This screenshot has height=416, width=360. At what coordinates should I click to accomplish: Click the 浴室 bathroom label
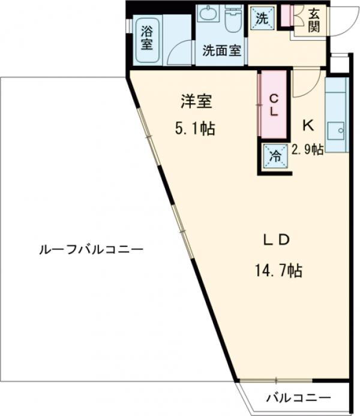[x=146, y=37]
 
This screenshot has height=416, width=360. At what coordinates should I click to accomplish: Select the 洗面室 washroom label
[x=221, y=51]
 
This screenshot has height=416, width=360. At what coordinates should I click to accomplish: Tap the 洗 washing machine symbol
[x=262, y=17]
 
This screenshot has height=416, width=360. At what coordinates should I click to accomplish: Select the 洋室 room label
[x=197, y=102]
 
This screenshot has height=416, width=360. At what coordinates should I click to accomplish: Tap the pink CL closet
[x=272, y=105]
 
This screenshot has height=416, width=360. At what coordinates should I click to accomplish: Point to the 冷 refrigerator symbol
[x=274, y=157]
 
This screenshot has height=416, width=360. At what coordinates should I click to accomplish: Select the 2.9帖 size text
[x=308, y=149]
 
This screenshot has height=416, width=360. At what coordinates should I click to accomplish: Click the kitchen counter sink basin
[x=337, y=129]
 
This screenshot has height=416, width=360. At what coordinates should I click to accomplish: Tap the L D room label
[x=277, y=239]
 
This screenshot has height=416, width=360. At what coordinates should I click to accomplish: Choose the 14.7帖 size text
[x=277, y=271]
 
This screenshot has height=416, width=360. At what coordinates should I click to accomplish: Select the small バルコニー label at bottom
[x=298, y=397]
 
